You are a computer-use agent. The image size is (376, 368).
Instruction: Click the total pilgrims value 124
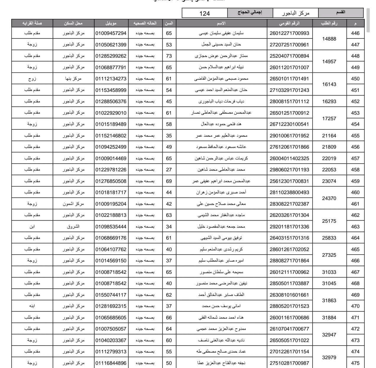205,13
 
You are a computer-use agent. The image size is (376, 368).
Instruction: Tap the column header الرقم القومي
289,23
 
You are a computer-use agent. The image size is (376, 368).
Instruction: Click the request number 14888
329,39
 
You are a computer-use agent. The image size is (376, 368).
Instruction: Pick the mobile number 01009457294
111,33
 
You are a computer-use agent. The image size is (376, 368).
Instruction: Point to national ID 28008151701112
289,101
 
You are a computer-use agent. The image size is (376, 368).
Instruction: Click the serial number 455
355,136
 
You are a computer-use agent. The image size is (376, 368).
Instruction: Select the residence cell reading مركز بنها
73,79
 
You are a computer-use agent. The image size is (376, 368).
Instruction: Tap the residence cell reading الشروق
73,227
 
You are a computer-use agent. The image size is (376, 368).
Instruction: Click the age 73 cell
169,56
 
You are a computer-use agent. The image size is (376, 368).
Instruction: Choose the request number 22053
329,170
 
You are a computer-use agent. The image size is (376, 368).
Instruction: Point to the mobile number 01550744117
111,295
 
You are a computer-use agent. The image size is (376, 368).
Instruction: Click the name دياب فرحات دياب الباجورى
221,101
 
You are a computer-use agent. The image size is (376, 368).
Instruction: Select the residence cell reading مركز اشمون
73,204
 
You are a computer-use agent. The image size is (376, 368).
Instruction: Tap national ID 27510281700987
289,363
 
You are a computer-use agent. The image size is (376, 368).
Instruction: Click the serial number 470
355,306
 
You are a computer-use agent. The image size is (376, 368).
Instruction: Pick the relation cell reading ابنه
32,306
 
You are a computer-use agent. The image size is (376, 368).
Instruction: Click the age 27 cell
169,170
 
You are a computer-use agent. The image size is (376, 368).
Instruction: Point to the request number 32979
329,357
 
